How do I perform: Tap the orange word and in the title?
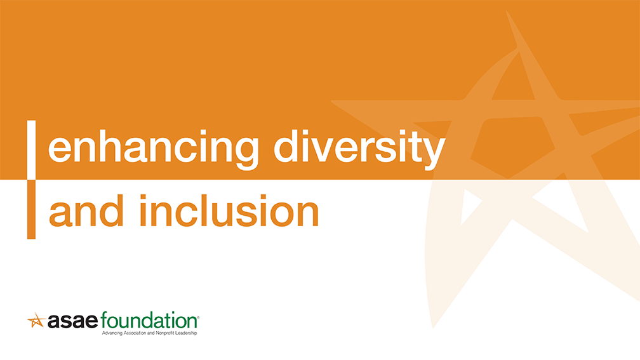[86, 211]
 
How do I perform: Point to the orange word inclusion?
[229, 211]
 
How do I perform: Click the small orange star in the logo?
[36, 321]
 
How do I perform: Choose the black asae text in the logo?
[73, 321]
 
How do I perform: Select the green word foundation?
[149, 321]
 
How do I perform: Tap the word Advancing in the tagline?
[112, 333]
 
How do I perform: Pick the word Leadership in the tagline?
[185, 333]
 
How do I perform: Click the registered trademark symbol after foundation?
[198, 316]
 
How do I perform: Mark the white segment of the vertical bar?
[32, 150]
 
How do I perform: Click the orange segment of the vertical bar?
[32, 210]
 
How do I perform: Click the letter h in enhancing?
[95, 146]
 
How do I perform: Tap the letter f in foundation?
[105, 320]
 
